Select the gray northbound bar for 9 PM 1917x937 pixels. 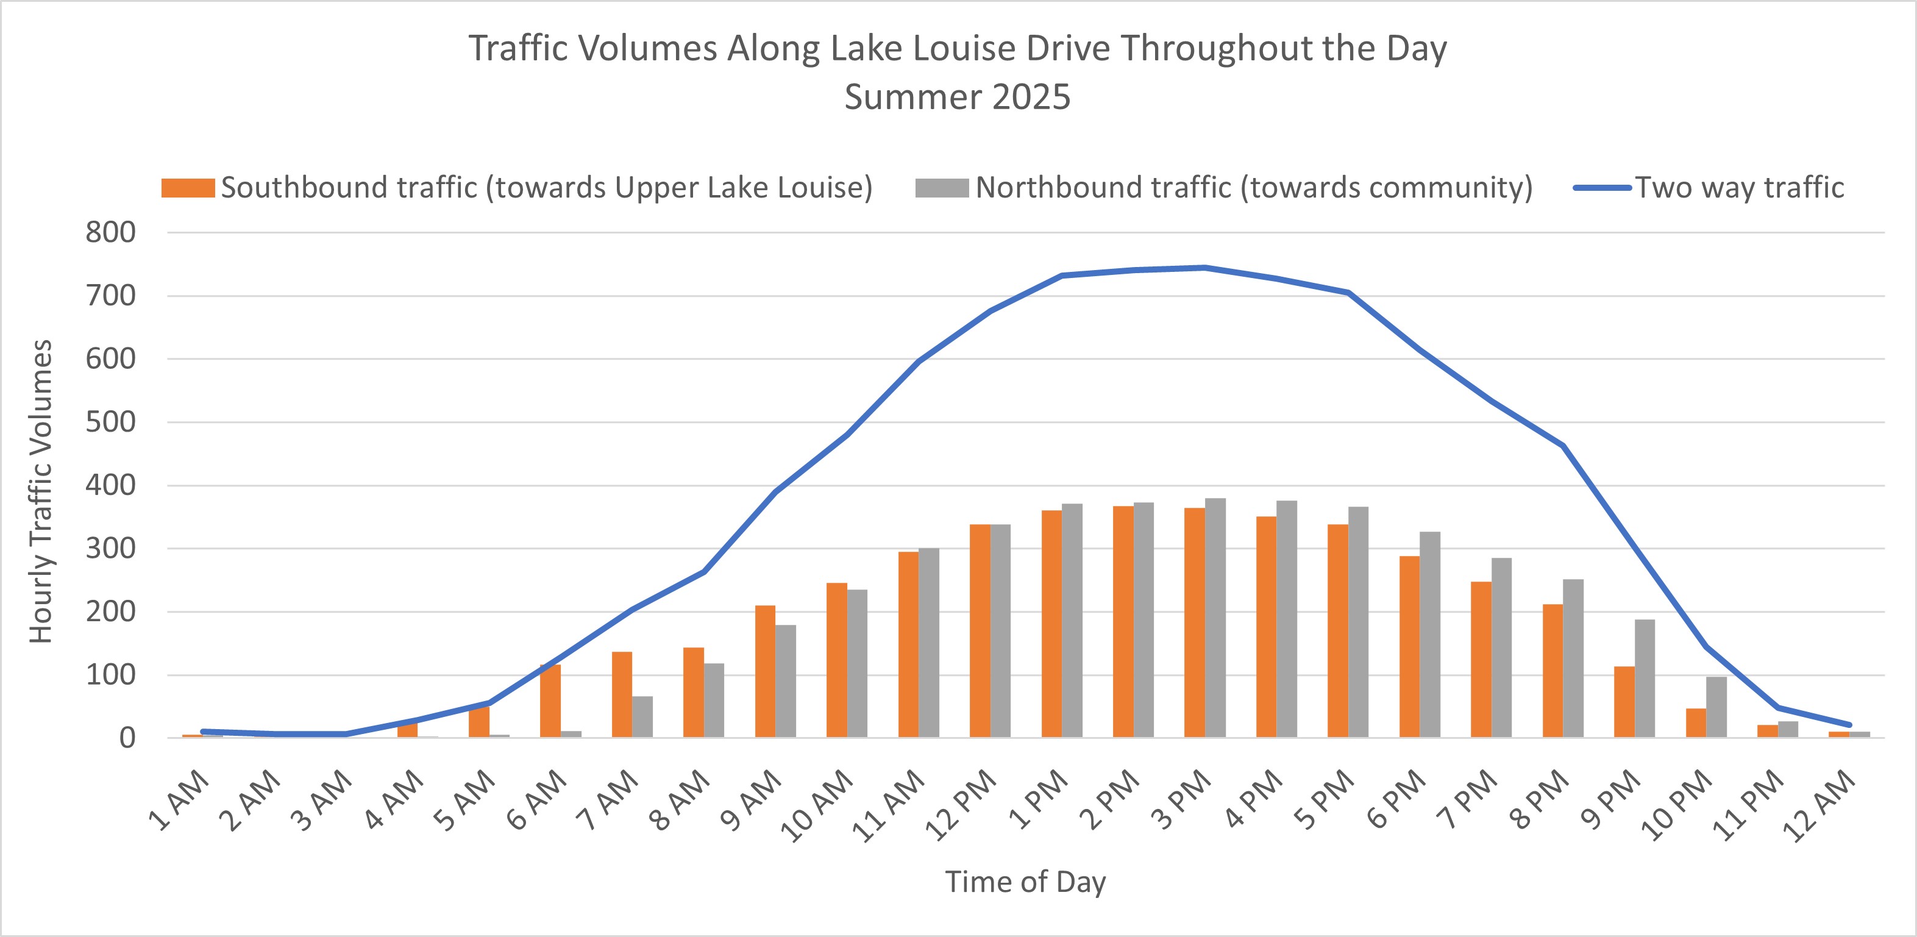pyautogui.click(x=1645, y=679)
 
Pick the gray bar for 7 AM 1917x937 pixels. pyautogui.click(x=642, y=717)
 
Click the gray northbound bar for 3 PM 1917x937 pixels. pyautogui.click(x=1215, y=618)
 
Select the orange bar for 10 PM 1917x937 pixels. pyautogui.click(x=1696, y=722)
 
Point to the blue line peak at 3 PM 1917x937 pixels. pyautogui.click(x=1205, y=267)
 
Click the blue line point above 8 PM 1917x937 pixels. pyautogui.click(x=1563, y=446)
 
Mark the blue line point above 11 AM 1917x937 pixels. pyautogui.click(x=919, y=362)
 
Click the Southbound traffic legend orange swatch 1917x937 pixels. pyautogui.click(x=188, y=188)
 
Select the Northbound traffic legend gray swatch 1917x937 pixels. pyautogui.click(x=941, y=188)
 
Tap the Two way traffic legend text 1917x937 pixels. pyautogui.click(x=1739, y=188)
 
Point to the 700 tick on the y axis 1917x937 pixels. pyautogui.click(x=111, y=296)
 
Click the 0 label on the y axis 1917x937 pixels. pyautogui.click(x=127, y=738)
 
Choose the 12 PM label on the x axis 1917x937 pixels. pyautogui.click(x=961, y=805)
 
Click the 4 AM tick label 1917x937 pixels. pyautogui.click(x=394, y=800)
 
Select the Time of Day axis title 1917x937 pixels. pyautogui.click(x=1025, y=882)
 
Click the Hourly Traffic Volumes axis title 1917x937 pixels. pyautogui.click(x=41, y=491)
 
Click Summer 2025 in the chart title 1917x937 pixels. pyautogui.click(x=957, y=97)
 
